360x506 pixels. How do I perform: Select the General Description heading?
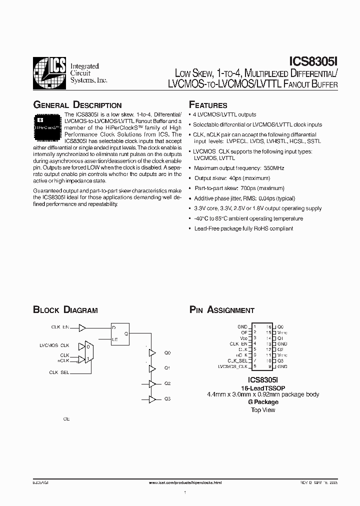click(77, 105)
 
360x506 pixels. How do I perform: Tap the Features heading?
click(208, 105)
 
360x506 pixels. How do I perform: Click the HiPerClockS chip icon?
click(48, 125)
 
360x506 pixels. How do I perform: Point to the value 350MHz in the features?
click(273, 168)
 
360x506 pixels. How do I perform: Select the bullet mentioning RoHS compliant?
click(243, 228)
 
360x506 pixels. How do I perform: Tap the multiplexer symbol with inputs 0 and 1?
click(88, 352)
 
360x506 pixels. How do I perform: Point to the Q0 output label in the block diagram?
click(167, 353)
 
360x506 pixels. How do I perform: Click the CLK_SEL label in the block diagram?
click(59, 372)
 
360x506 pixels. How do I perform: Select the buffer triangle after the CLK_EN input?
click(82, 327)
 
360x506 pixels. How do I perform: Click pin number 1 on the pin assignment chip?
click(254, 326)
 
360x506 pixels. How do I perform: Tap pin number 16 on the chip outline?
click(268, 326)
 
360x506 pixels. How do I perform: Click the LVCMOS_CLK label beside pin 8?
click(233, 366)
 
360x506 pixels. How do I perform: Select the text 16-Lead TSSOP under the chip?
click(263, 387)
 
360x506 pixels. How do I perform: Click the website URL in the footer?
click(185, 482)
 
